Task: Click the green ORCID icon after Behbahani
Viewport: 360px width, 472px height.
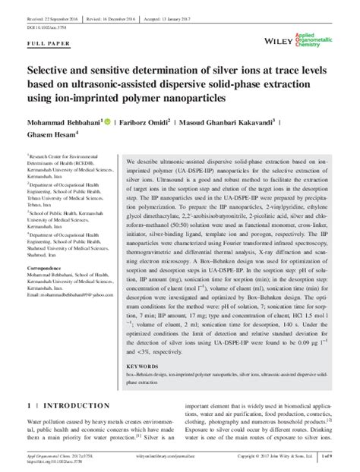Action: click(106, 119)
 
